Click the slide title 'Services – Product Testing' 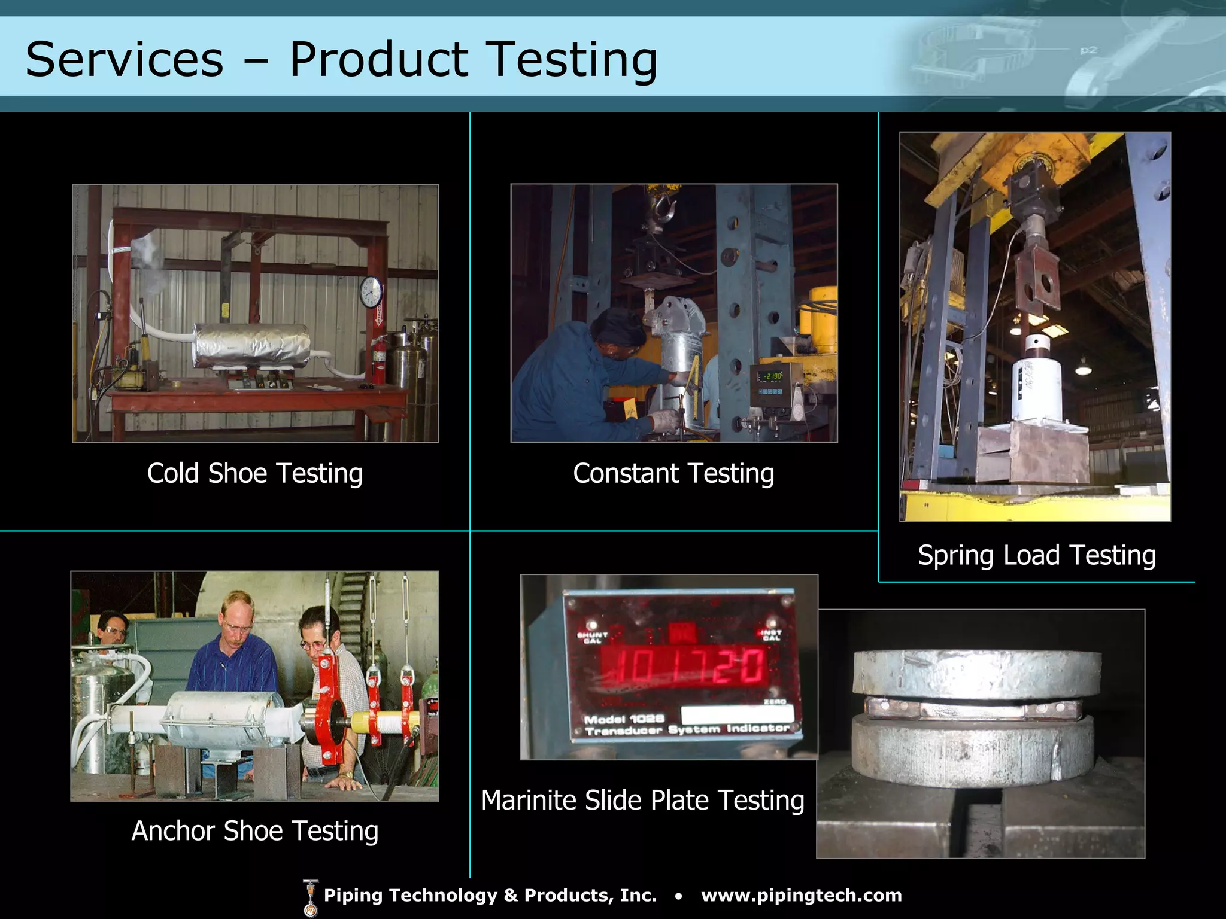341,59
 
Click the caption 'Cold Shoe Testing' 255,473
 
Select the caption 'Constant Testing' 673,473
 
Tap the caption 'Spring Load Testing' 1037,555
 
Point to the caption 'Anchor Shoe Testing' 255,830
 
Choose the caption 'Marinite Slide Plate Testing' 643,800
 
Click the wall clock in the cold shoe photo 371,293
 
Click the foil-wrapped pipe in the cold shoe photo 251,346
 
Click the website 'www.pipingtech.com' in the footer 801,895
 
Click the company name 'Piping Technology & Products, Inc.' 490,895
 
